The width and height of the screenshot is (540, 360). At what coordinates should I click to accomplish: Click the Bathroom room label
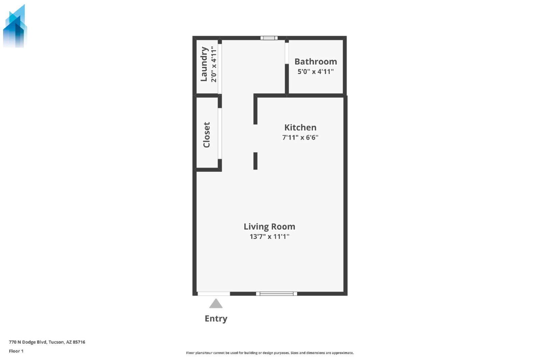316,61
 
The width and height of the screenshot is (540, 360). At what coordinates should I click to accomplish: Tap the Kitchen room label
300,127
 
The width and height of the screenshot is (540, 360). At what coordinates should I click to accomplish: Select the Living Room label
269,227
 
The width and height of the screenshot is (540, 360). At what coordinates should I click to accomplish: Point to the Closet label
207,135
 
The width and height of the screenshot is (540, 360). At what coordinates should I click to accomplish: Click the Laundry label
204,64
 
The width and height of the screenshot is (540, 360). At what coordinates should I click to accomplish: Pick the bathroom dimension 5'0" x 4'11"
316,71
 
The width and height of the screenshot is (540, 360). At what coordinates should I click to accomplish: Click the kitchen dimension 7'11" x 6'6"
300,137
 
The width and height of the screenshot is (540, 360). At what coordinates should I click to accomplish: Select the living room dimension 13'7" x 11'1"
269,236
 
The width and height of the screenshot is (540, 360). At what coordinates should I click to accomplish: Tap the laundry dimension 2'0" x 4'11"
214,64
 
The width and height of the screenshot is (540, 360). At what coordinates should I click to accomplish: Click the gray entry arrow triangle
216,304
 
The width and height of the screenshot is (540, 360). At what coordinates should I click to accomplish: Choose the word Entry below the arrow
216,319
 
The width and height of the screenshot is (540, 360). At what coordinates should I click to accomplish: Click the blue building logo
15,26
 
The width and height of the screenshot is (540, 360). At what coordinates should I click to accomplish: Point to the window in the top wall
269,38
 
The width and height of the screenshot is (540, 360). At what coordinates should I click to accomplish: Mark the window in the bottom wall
276,294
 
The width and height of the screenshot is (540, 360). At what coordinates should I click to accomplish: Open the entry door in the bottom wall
214,294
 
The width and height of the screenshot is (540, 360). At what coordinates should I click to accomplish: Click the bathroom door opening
287,53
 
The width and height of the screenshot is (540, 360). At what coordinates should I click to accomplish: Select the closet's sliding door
220,133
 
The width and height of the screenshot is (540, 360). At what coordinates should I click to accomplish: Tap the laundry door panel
220,69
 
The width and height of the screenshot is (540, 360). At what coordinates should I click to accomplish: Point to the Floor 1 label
16,351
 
